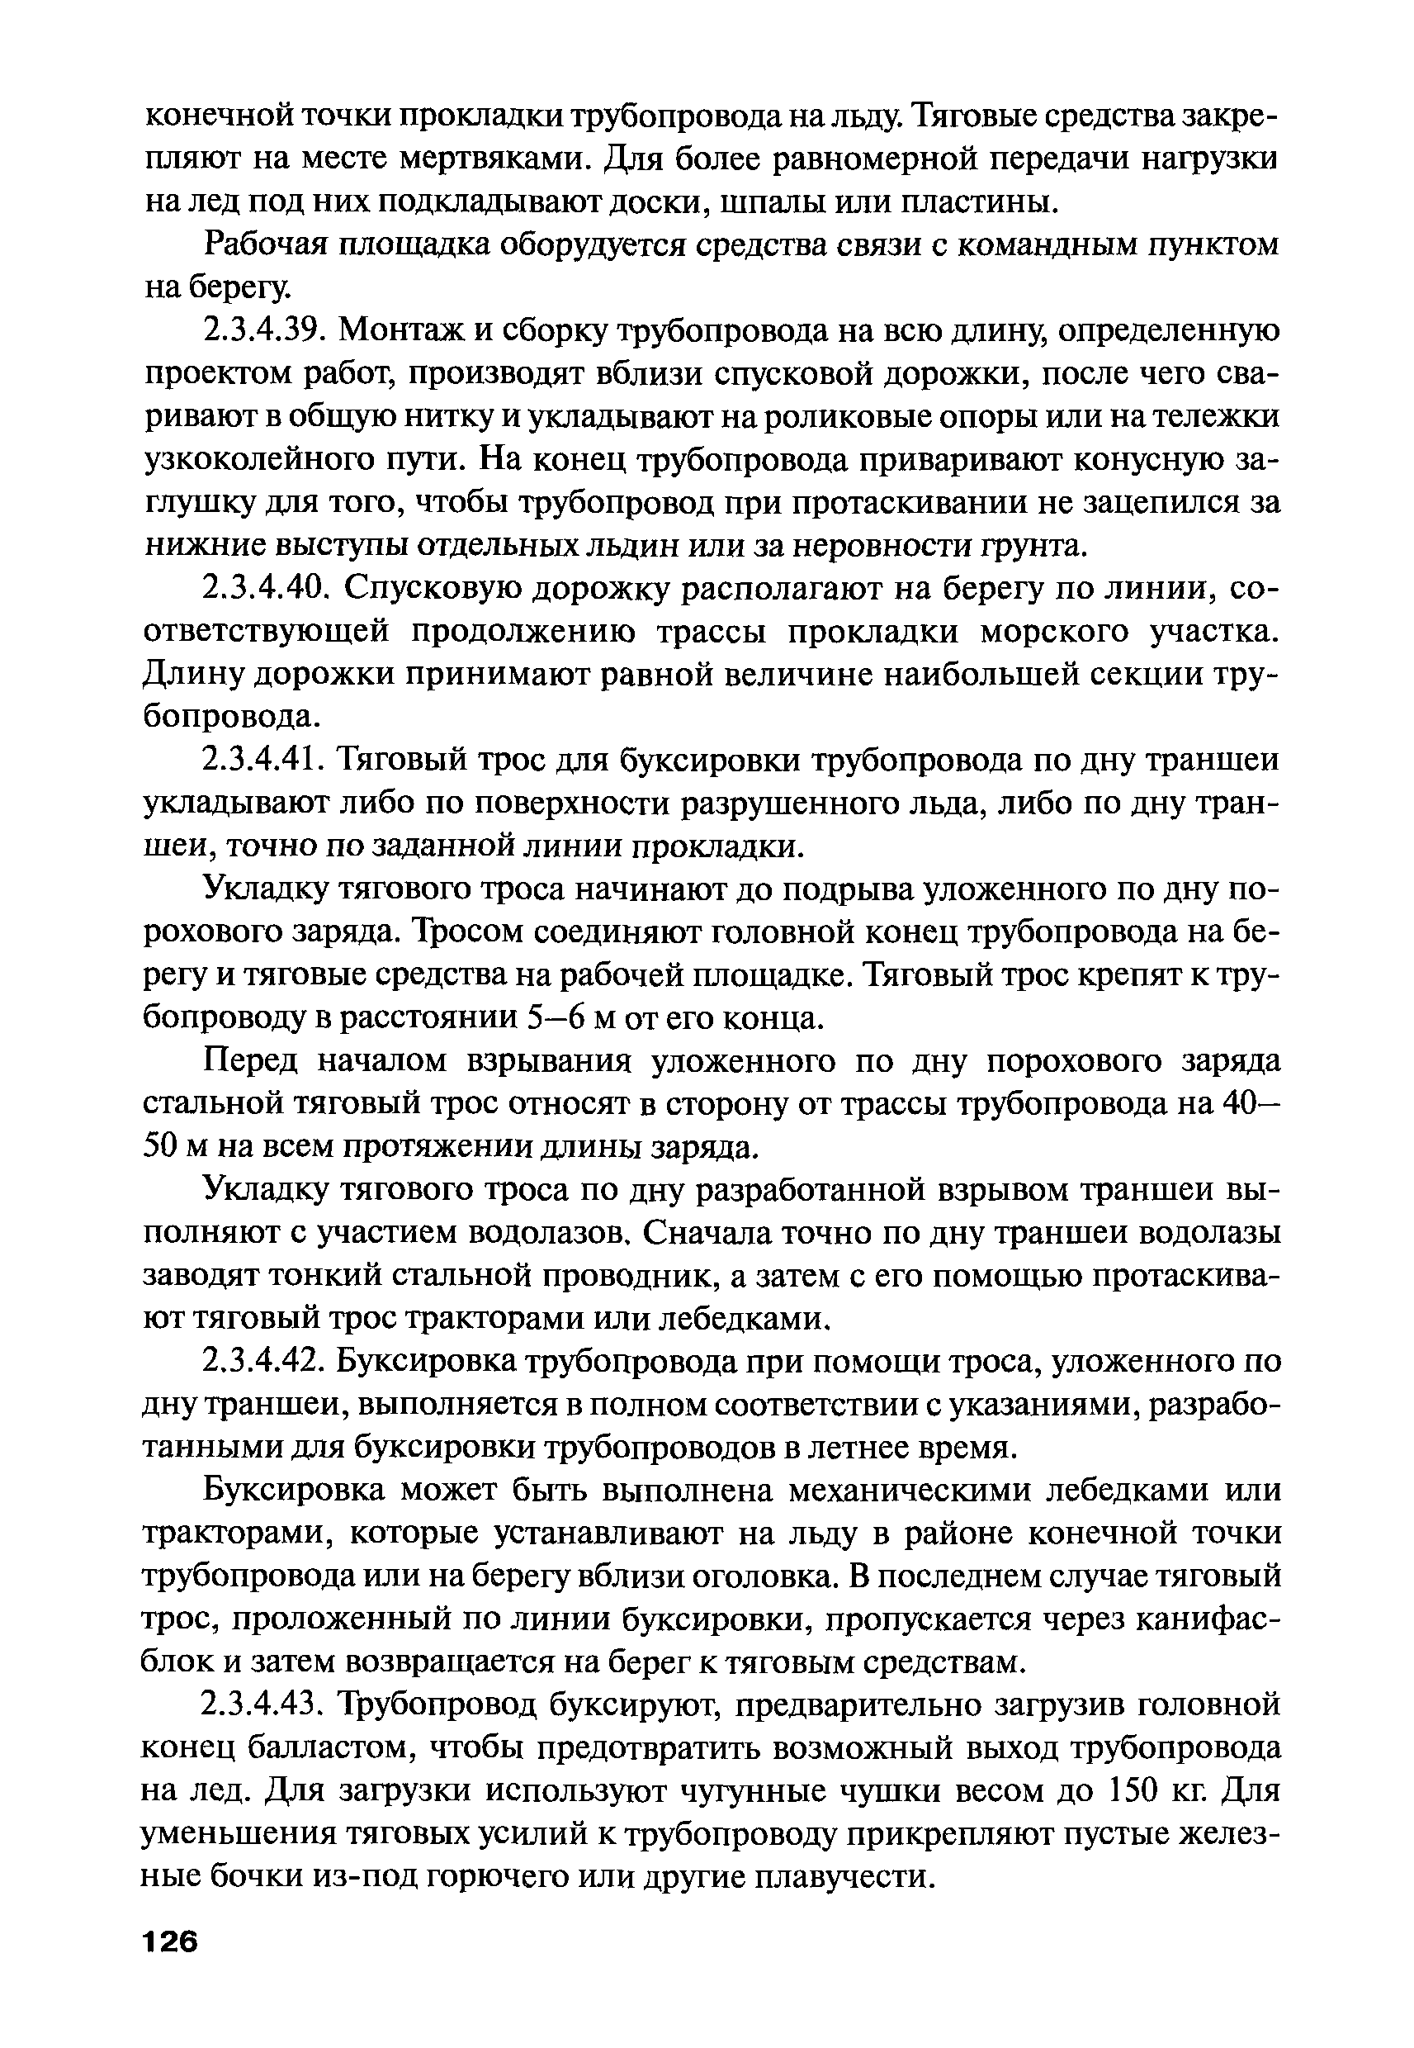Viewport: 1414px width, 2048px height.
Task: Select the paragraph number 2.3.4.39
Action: [x=259, y=331]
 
